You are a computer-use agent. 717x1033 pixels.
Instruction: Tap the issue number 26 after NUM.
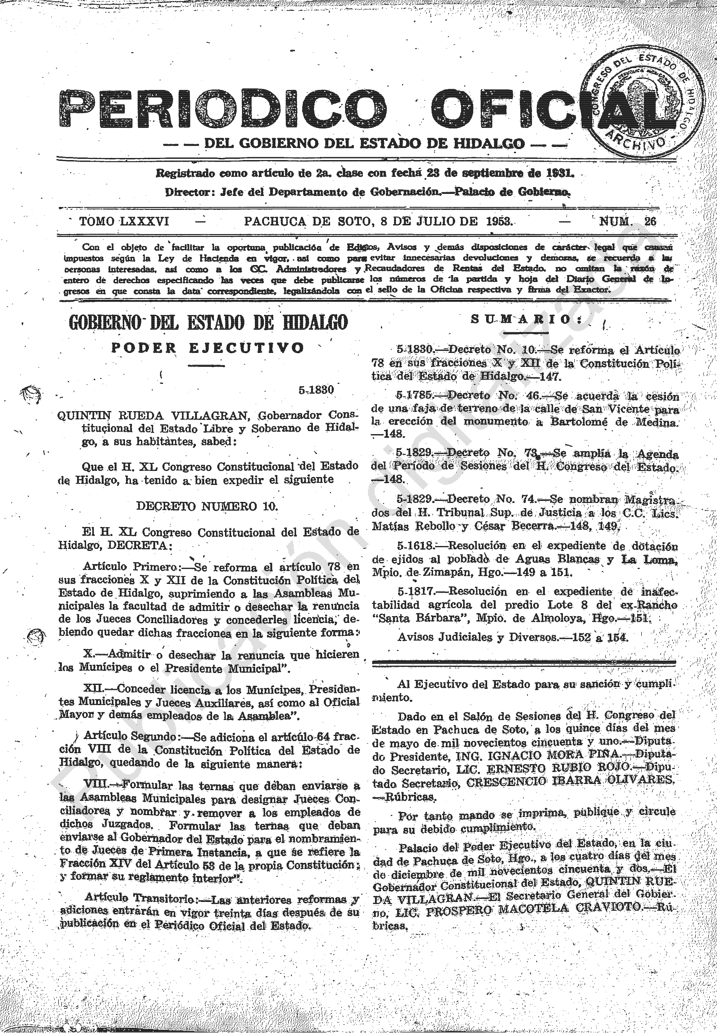pos(650,221)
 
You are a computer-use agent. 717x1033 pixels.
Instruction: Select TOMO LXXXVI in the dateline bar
pos(124,221)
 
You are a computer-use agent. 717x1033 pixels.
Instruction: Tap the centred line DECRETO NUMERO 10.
pos(207,506)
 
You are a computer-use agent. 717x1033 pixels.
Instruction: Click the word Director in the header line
pos(188,192)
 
